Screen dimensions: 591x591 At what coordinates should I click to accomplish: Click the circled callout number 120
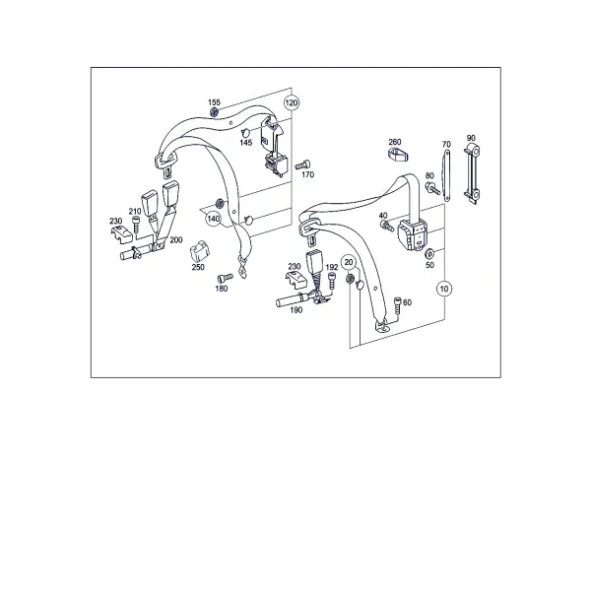292,102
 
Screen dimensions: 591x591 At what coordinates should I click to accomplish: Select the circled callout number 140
214,219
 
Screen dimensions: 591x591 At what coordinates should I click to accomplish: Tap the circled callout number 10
444,289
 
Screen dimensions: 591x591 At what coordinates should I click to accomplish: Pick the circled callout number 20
349,262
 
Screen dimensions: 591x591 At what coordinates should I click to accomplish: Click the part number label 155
214,102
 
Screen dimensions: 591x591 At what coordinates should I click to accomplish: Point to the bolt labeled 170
302,164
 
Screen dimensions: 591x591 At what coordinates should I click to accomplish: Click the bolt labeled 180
225,278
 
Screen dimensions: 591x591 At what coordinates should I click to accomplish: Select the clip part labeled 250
200,251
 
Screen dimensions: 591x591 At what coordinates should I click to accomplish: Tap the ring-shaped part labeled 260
399,155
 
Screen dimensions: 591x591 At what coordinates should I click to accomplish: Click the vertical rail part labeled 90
472,174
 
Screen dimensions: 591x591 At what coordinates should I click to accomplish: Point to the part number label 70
446,145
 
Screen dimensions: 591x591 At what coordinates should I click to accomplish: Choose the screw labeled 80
432,188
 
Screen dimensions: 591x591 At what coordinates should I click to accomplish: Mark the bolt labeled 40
387,227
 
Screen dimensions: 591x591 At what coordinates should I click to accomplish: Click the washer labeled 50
429,253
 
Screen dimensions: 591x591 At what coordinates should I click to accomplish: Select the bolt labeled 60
398,303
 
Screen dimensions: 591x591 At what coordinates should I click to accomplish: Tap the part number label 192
332,267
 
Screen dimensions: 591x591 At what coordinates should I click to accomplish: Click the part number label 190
296,310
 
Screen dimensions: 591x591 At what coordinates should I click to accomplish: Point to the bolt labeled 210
135,224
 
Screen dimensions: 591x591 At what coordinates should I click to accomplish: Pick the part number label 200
176,239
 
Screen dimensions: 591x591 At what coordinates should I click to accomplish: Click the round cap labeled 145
245,132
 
